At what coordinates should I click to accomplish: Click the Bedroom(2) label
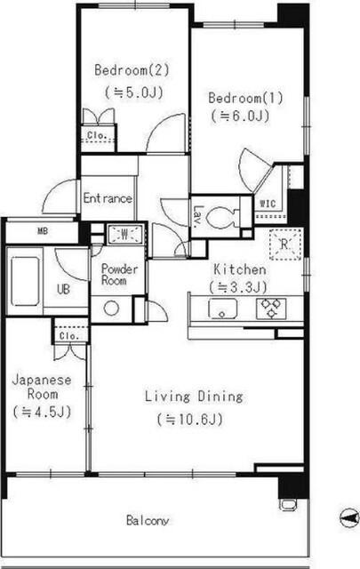(x=132, y=69)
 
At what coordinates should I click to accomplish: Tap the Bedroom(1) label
(x=245, y=98)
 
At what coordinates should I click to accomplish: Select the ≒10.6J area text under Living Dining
(x=190, y=419)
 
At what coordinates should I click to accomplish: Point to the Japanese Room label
(x=42, y=387)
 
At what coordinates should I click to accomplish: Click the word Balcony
(x=148, y=520)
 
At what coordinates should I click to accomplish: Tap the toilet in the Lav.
(x=221, y=218)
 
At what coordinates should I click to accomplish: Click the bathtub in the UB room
(x=25, y=281)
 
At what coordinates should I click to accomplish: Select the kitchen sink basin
(x=222, y=309)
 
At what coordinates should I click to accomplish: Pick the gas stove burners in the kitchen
(x=271, y=309)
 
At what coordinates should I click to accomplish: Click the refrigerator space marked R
(x=285, y=244)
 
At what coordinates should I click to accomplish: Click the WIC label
(x=268, y=204)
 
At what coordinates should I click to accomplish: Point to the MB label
(x=43, y=231)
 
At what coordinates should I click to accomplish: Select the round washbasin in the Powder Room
(x=111, y=309)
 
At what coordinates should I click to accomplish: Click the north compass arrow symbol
(x=348, y=517)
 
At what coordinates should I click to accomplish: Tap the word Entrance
(x=108, y=198)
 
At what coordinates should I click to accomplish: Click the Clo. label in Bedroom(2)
(x=97, y=135)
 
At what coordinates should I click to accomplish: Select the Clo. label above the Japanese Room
(x=69, y=336)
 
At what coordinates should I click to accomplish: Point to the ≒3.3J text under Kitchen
(x=237, y=287)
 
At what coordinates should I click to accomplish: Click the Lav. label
(x=198, y=216)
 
